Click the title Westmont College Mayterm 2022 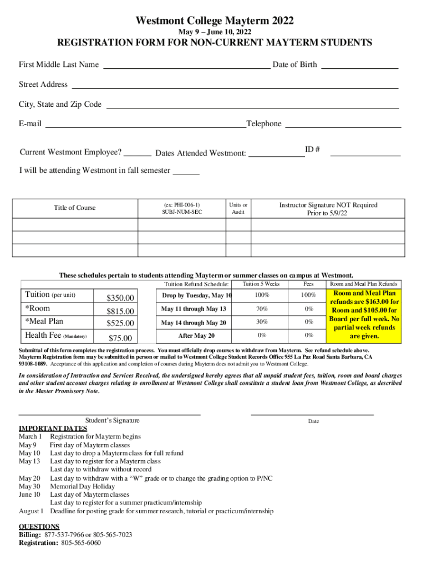[215, 21]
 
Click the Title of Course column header [74, 208]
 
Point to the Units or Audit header [238, 208]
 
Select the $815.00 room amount [120, 312]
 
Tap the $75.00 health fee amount [120, 338]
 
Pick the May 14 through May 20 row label [194, 323]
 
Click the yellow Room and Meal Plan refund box [364, 315]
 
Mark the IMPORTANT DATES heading [53, 428]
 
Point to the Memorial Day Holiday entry [83, 486]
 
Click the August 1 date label [31, 511]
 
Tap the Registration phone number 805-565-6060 [80, 543]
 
